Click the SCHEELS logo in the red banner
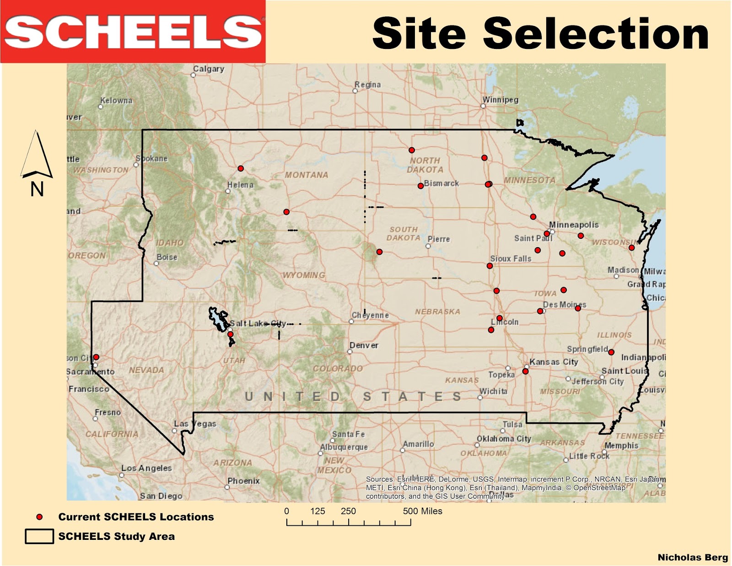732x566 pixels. tap(133, 32)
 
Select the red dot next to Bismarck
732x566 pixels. tap(420, 186)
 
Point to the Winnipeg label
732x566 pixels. tap(501, 99)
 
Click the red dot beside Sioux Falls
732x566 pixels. tap(490, 266)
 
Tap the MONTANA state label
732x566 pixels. tap(307, 175)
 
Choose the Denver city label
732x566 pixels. tap(364, 345)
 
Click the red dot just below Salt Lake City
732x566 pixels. tap(230, 334)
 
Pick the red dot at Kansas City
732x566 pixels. tap(525, 372)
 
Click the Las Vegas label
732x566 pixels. tap(195, 423)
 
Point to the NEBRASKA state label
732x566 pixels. tap(437, 312)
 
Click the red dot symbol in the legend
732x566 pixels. tap(39, 517)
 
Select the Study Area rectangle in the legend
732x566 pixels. tap(39, 536)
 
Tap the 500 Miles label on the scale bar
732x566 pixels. tap(422, 511)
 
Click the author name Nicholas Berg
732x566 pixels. tap(692, 557)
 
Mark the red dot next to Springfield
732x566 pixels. tap(611, 352)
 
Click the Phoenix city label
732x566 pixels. tap(243, 481)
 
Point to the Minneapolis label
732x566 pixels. tap(574, 225)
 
